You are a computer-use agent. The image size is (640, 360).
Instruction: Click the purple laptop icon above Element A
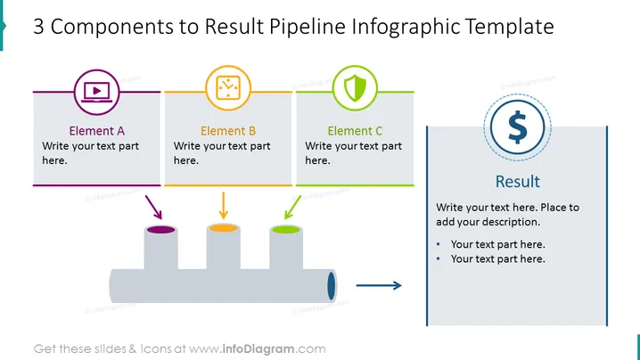click(97, 93)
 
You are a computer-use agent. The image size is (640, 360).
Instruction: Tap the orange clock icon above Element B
click(228, 87)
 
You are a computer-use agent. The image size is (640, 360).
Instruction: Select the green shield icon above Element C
click(355, 87)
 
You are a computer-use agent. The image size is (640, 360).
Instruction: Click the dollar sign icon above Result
click(518, 127)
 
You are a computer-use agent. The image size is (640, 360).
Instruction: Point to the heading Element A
click(97, 131)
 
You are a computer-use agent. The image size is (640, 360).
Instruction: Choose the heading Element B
click(228, 131)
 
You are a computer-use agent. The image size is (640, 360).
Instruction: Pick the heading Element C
click(355, 131)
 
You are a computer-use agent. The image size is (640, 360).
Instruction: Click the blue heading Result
click(518, 181)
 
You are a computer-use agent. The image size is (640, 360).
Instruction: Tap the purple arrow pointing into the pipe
click(154, 208)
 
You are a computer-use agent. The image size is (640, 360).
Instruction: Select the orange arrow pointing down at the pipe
click(223, 205)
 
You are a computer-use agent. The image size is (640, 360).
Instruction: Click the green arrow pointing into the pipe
click(292, 208)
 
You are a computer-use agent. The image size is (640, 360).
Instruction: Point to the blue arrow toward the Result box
click(379, 285)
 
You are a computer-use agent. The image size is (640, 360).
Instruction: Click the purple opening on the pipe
click(160, 230)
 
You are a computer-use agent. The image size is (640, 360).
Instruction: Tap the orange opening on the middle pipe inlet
click(223, 228)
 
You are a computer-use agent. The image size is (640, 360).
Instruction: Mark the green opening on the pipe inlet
click(286, 230)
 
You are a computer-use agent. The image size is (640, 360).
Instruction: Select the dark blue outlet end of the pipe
click(332, 286)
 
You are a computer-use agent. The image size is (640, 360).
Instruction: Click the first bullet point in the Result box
click(497, 244)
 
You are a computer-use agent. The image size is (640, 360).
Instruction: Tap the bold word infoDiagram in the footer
click(258, 349)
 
